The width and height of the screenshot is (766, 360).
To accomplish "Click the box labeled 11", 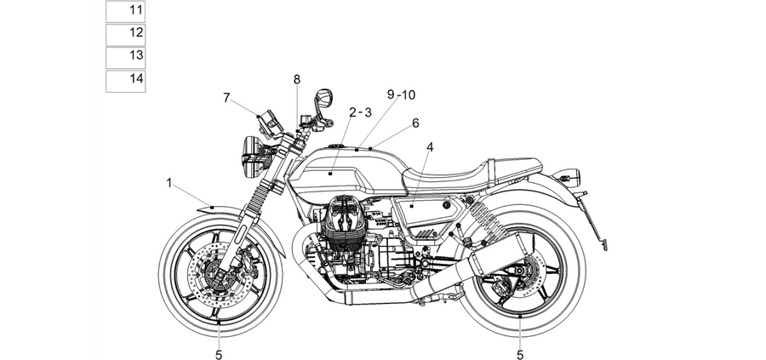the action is [x=126, y=11].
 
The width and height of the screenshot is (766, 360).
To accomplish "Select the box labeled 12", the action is [x=126, y=34].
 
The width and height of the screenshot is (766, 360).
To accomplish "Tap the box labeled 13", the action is [x=126, y=57].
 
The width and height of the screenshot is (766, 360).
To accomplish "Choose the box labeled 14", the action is [x=126, y=81].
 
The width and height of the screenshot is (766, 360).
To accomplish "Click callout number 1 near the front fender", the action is [x=169, y=183].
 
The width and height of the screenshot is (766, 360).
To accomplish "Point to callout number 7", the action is [x=226, y=98].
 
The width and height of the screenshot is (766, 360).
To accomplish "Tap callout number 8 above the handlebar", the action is [x=297, y=80].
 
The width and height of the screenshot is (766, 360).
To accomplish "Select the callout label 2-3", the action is [x=361, y=112].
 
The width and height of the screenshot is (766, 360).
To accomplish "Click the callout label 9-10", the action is [x=401, y=94].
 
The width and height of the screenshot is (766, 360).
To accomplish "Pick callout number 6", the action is [x=415, y=123].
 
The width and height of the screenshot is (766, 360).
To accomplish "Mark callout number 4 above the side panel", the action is [x=430, y=147].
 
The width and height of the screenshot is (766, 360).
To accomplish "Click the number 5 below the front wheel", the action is [x=219, y=355].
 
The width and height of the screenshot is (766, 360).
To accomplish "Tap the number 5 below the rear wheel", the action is [x=520, y=355].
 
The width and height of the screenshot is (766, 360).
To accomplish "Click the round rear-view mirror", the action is [x=325, y=98].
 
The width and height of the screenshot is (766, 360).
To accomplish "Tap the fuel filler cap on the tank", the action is [x=336, y=146].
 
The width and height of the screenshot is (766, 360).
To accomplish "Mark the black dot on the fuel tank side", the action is [x=331, y=174].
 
